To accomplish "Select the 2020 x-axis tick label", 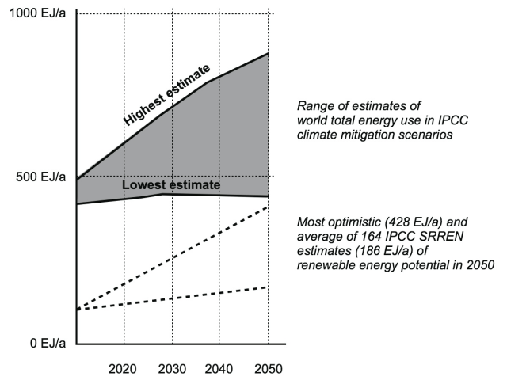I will (x=124, y=369).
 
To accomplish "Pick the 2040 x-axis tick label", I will (x=219, y=369).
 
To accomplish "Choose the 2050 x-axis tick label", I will (x=267, y=369).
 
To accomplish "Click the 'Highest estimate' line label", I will (x=166, y=94).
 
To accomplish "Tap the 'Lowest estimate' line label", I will (x=170, y=185).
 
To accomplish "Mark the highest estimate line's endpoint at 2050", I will (x=269, y=53).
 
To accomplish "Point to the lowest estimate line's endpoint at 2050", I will (x=269, y=196).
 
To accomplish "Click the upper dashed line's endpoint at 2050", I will (x=269, y=207).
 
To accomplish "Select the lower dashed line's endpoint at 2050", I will (x=269, y=287).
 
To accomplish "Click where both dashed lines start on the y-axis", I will (x=77, y=310).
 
